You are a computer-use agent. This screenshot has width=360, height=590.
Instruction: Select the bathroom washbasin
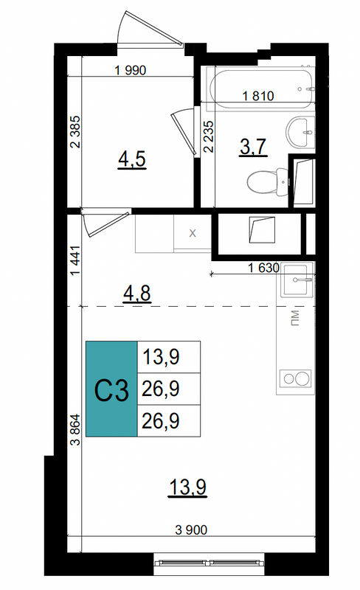tap(300, 133)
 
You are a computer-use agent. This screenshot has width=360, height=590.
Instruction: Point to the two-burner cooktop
tap(295, 378)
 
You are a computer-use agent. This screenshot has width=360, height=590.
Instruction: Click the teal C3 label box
tap(111, 389)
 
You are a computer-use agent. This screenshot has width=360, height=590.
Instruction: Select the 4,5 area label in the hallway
tap(132, 159)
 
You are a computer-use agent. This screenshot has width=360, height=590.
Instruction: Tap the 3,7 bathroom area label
tap(254, 147)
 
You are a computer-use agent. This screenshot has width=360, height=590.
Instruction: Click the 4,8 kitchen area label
tap(137, 294)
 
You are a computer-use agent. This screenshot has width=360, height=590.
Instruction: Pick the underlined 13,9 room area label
tap(188, 487)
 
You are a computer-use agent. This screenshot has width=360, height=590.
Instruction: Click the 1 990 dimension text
tap(130, 70)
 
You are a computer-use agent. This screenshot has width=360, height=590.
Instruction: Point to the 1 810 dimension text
tap(258, 96)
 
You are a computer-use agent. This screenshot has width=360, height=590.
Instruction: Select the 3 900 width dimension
tap(191, 530)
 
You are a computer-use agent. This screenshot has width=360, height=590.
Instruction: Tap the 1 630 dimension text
tap(263, 268)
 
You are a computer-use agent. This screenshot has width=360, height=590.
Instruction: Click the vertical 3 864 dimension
tap(76, 430)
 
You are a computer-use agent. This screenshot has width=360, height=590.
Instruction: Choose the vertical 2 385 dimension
tap(76, 132)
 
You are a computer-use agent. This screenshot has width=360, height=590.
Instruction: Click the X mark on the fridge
tap(193, 233)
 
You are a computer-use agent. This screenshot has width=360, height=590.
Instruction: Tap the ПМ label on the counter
tap(295, 318)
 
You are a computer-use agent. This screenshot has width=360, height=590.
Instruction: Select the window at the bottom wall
tap(209, 563)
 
